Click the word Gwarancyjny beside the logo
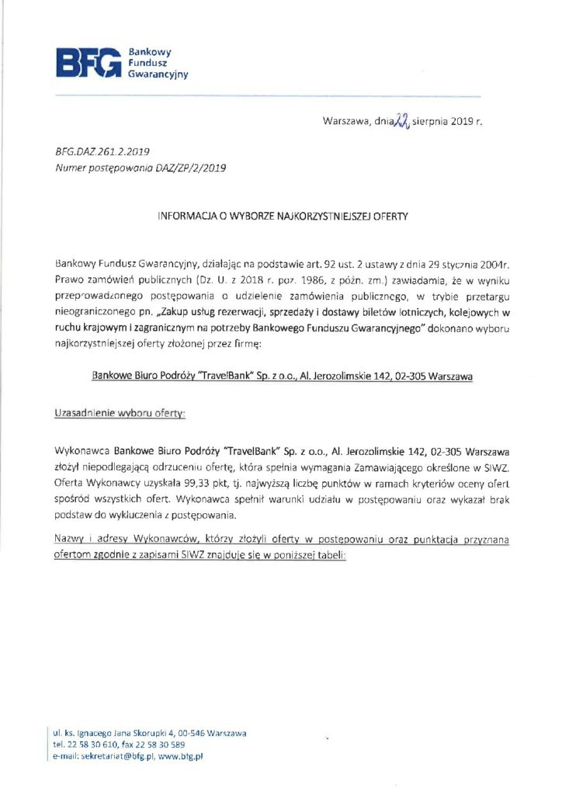point(158,75)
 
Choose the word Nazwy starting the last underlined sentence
point(70,540)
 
